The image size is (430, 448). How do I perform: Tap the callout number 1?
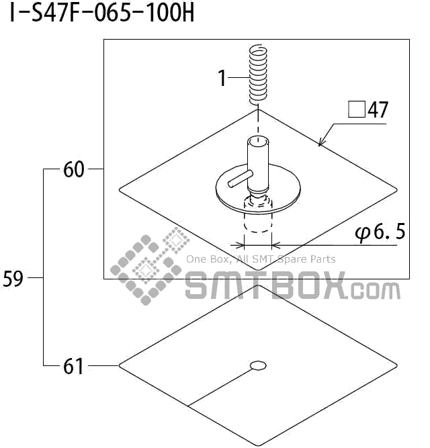[x=222, y=79]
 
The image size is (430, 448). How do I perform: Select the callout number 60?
[x=74, y=170]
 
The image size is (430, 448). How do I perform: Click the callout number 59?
[x=13, y=278]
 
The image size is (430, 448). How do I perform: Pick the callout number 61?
[x=74, y=367]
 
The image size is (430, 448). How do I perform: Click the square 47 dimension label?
[x=368, y=110]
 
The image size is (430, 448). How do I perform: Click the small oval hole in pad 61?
[x=257, y=365]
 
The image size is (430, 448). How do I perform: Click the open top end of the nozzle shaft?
[x=257, y=142]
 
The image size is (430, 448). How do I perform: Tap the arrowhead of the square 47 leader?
[x=321, y=143]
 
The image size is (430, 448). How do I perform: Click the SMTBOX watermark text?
[x=265, y=287]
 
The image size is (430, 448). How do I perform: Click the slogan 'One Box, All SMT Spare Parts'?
[x=261, y=259]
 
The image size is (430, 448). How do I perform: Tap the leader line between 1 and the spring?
[x=239, y=79]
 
